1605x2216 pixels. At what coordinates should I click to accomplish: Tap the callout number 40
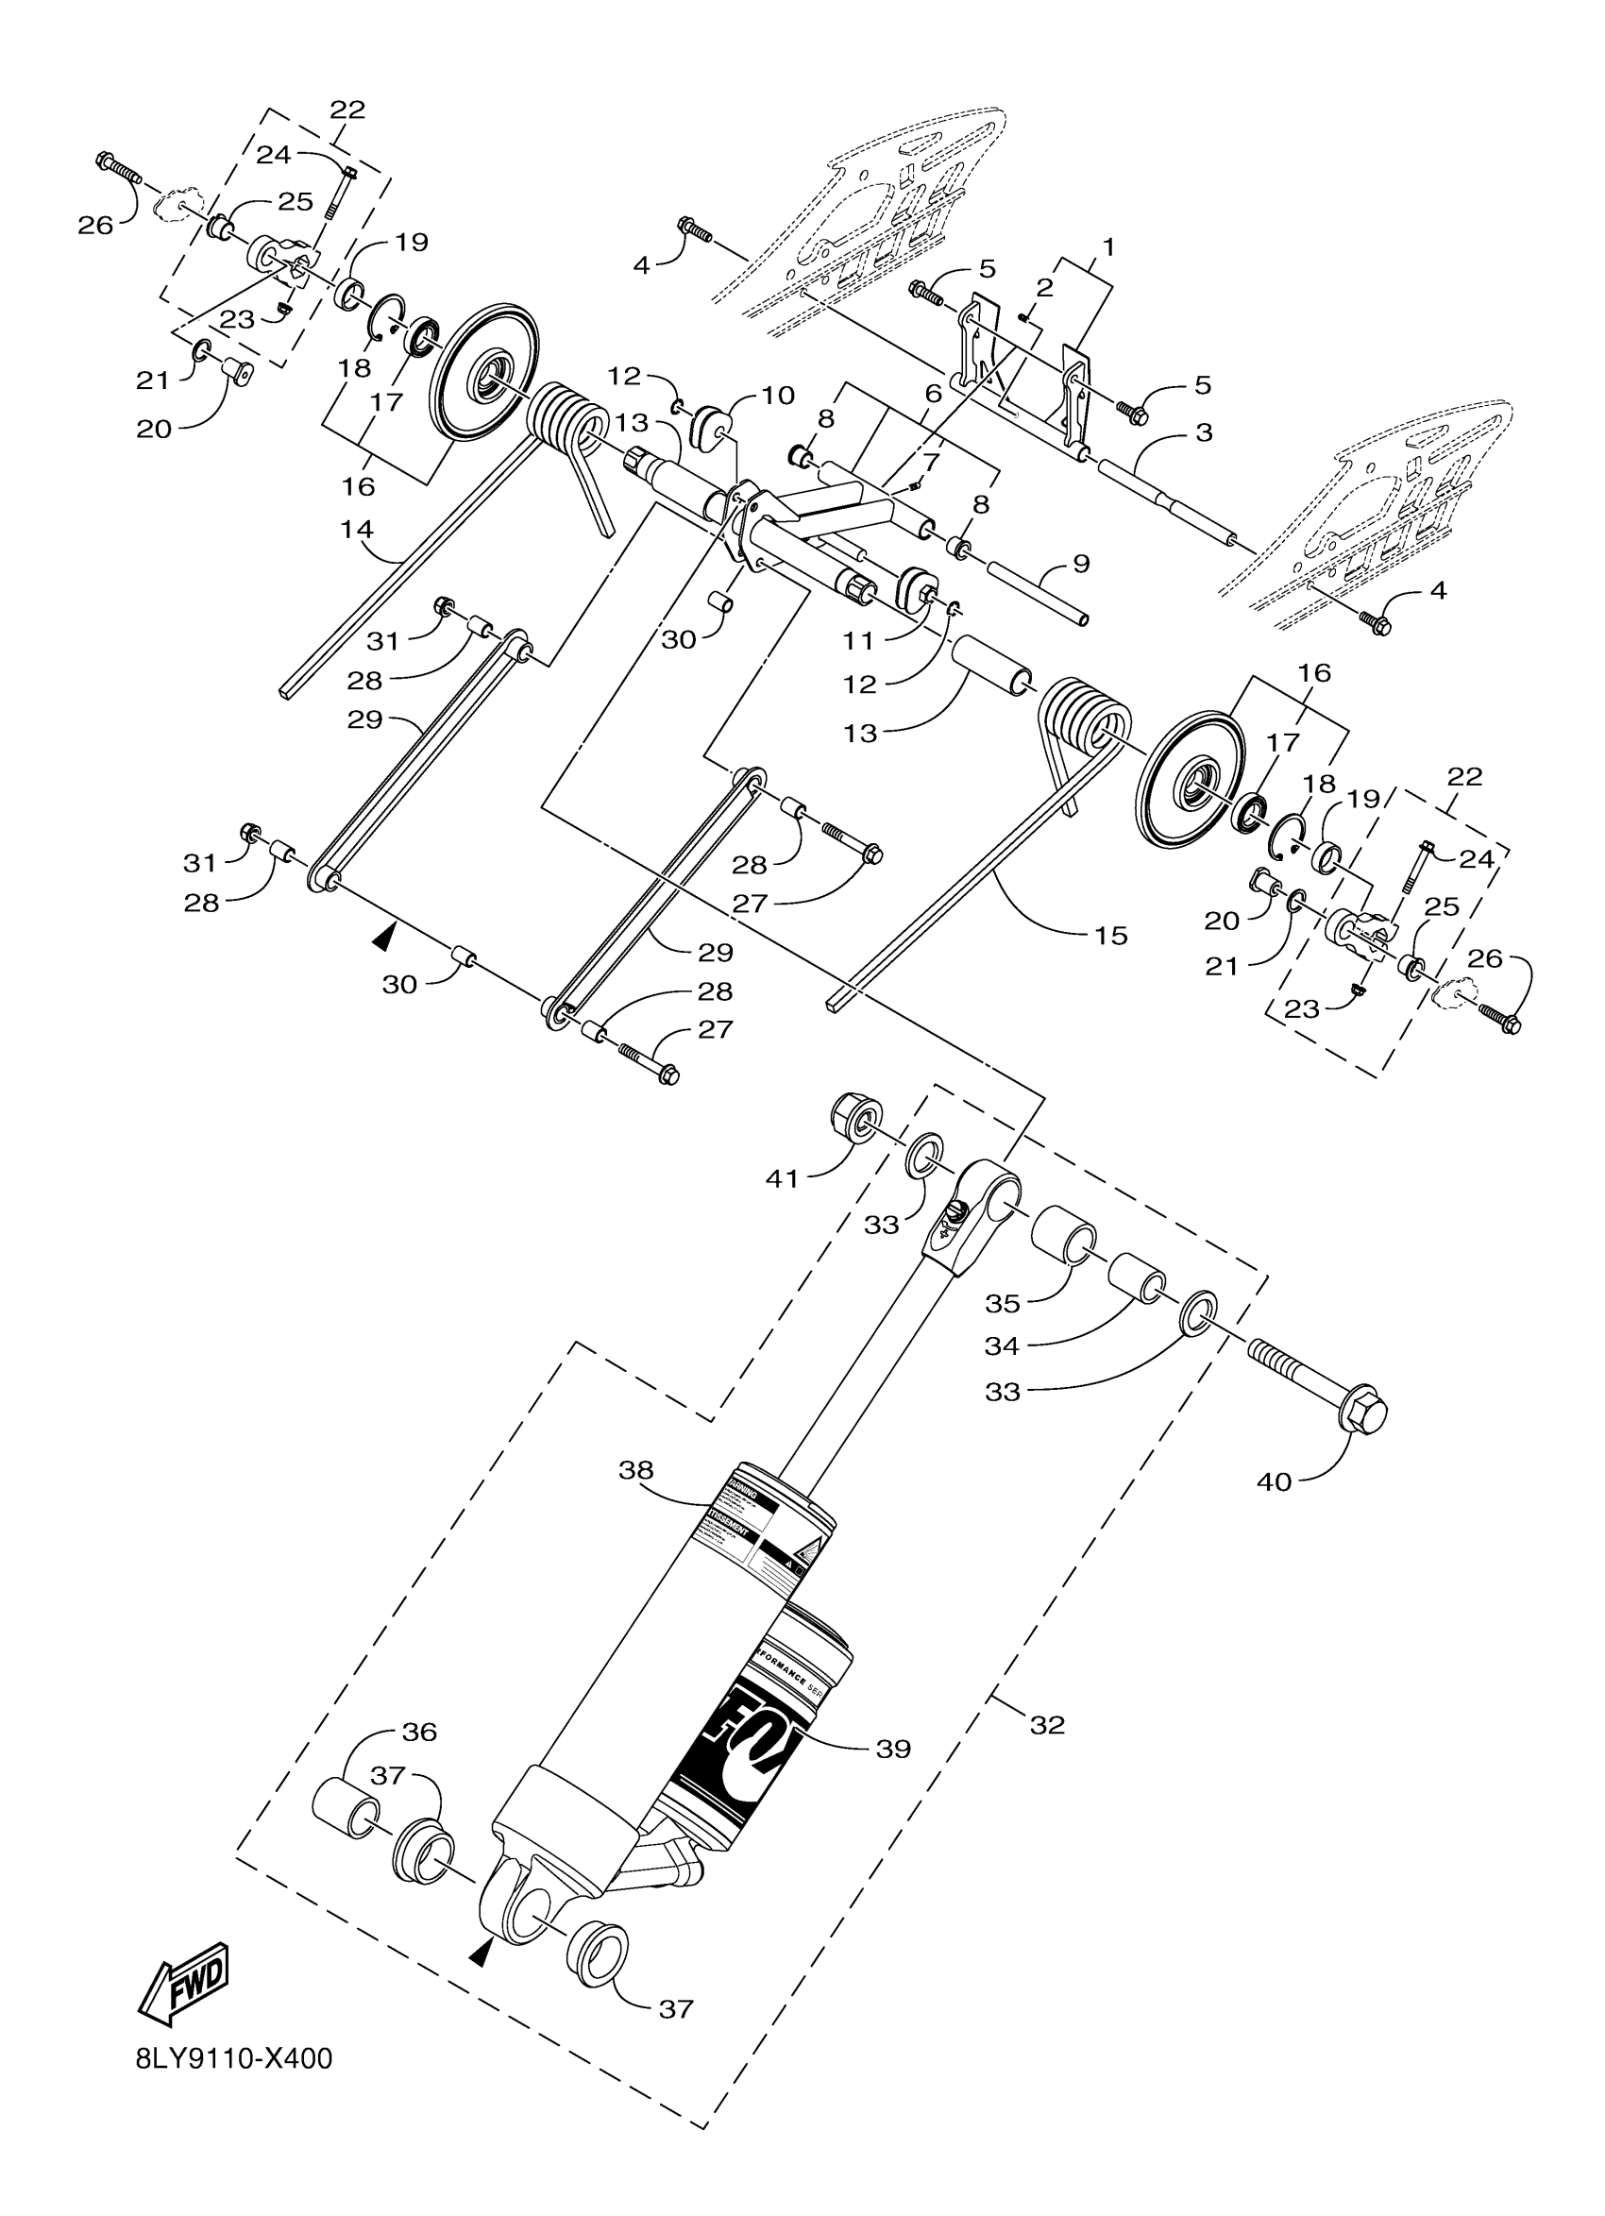(x=1275, y=1481)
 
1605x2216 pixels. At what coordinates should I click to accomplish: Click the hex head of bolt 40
(x=1364, y=1412)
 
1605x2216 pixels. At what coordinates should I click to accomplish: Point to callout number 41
(x=783, y=1179)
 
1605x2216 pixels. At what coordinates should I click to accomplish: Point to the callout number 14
(x=358, y=530)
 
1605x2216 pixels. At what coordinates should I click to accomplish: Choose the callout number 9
(x=1080, y=565)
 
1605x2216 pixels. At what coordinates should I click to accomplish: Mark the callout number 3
(x=1205, y=431)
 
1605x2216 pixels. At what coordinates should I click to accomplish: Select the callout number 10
(x=779, y=396)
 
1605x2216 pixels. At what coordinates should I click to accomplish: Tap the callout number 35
(x=1003, y=1303)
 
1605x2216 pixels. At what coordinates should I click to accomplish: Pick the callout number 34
(x=1003, y=1346)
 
